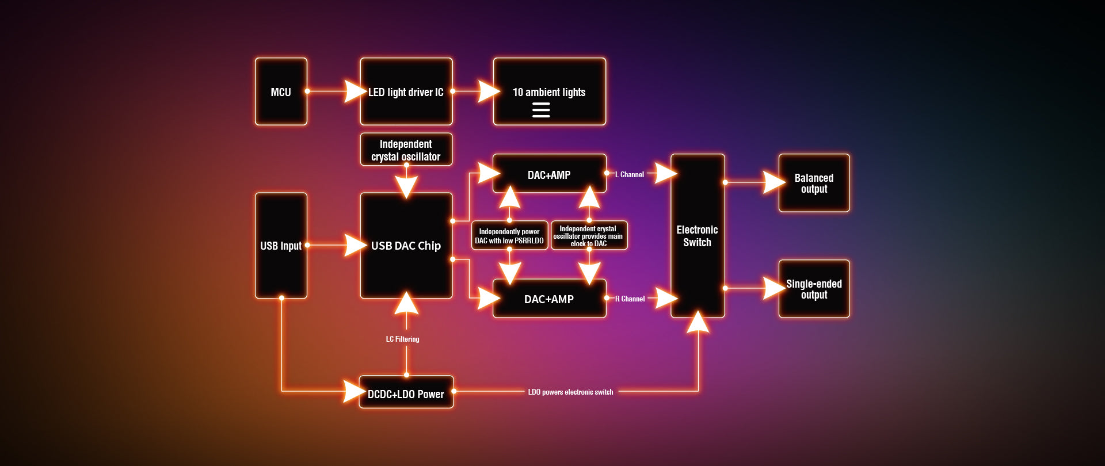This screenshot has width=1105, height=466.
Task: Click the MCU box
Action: click(x=281, y=91)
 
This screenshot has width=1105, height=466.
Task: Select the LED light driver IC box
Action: click(x=406, y=91)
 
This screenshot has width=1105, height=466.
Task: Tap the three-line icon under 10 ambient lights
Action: click(x=541, y=110)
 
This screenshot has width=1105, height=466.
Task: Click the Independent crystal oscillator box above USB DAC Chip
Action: click(x=406, y=150)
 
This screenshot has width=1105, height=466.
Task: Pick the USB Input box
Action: click(x=281, y=246)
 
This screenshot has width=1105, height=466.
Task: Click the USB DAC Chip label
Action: click(x=406, y=246)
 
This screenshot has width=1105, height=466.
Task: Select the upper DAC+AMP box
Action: click(x=549, y=174)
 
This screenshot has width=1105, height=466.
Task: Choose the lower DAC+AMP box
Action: click(x=549, y=299)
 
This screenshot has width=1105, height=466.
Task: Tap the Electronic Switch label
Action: click(x=697, y=236)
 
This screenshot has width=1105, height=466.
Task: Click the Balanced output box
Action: click(x=814, y=183)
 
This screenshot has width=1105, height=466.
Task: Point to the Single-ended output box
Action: click(x=814, y=289)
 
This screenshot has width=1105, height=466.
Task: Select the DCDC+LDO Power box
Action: click(x=406, y=394)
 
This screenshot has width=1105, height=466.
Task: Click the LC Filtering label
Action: click(x=402, y=339)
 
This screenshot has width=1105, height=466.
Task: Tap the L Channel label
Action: click(x=630, y=174)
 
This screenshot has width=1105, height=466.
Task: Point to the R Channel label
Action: click(x=630, y=299)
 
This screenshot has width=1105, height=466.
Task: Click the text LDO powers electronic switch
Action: click(x=570, y=392)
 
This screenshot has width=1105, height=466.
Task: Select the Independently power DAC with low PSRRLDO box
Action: click(x=509, y=236)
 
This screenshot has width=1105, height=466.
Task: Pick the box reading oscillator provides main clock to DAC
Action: click(x=589, y=236)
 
